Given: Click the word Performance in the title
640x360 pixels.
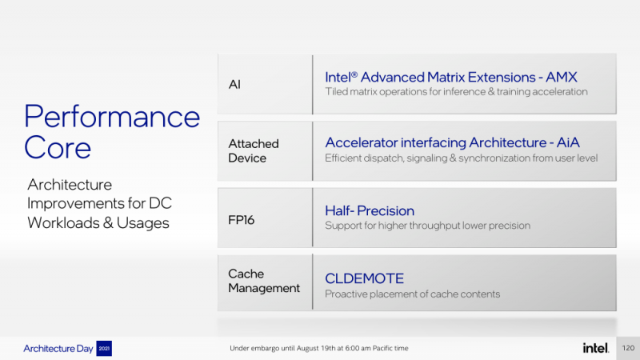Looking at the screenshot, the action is (112, 117).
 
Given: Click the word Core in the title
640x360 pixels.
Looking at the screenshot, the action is (57, 147).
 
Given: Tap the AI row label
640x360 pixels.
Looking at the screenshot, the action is (234, 85).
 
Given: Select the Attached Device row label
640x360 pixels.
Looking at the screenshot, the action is (254, 150).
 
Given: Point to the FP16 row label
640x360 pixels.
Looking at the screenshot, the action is (242, 220).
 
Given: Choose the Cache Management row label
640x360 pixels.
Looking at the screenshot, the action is (264, 281).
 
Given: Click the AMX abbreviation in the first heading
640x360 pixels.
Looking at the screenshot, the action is (562, 77).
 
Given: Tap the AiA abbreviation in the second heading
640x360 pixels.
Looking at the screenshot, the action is (568, 142).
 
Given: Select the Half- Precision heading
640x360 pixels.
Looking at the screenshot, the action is (370, 210).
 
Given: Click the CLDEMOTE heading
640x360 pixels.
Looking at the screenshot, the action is (364, 278).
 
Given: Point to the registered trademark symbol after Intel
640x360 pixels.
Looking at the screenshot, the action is (354, 74).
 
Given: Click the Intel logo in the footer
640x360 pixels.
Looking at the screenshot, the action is (595, 348).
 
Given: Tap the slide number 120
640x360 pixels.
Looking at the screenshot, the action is (628, 348).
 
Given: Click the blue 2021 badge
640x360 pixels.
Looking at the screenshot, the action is (104, 348).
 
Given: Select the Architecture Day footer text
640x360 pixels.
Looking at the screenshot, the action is (58, 349).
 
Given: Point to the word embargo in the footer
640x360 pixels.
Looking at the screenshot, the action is (265, 348).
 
